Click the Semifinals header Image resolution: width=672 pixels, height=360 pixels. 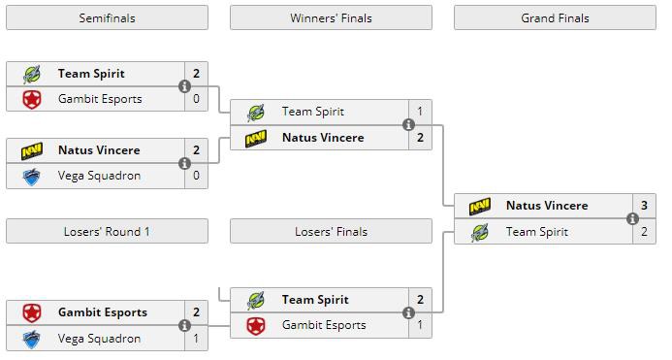[107, 18]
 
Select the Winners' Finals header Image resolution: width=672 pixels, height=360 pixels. [331, 18]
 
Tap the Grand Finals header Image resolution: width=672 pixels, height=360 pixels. [555, 18]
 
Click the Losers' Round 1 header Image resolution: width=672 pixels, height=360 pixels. [107, 231]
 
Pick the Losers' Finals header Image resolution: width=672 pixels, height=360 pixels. [331, 231]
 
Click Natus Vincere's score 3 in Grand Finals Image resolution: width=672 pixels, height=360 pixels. [644, 206]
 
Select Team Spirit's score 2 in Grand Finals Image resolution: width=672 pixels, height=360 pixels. [644, 232]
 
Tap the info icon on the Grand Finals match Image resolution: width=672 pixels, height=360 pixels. [632, 219]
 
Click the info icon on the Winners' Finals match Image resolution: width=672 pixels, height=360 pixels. [409, 125]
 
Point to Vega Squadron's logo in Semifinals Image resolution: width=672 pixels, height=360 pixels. [32, 177]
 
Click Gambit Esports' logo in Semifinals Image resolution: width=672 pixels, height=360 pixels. [32, 100]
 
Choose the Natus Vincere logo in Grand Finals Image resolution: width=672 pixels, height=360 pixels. [480, 207]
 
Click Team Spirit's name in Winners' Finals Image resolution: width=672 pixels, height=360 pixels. [313, 112]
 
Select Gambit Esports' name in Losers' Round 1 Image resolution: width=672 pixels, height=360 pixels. [103, 312]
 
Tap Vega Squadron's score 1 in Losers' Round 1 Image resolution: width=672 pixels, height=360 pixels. [196, 339]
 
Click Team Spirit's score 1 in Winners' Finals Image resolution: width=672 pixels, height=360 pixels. [420, 112]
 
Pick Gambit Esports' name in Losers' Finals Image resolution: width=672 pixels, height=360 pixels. [324, 325]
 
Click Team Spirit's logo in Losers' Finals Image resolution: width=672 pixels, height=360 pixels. [256, 301]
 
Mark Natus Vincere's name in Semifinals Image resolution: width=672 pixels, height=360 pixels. [99, 150]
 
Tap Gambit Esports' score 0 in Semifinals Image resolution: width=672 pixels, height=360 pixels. [196, 99]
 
